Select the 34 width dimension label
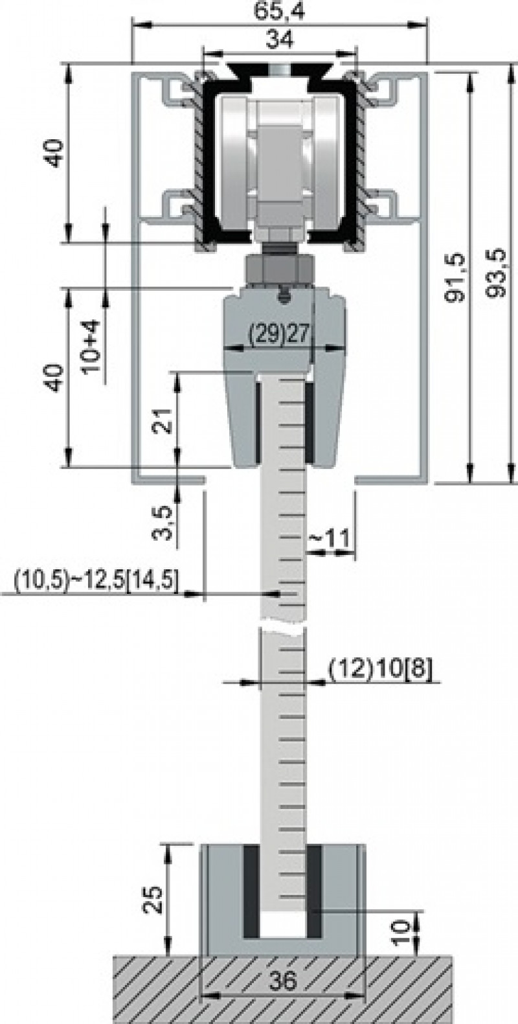tap(280, 40)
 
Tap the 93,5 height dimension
tap(498, 272)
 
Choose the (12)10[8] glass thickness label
tap(381, 668)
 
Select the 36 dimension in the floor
tap(282, 981)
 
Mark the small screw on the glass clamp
tap(282, 295)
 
